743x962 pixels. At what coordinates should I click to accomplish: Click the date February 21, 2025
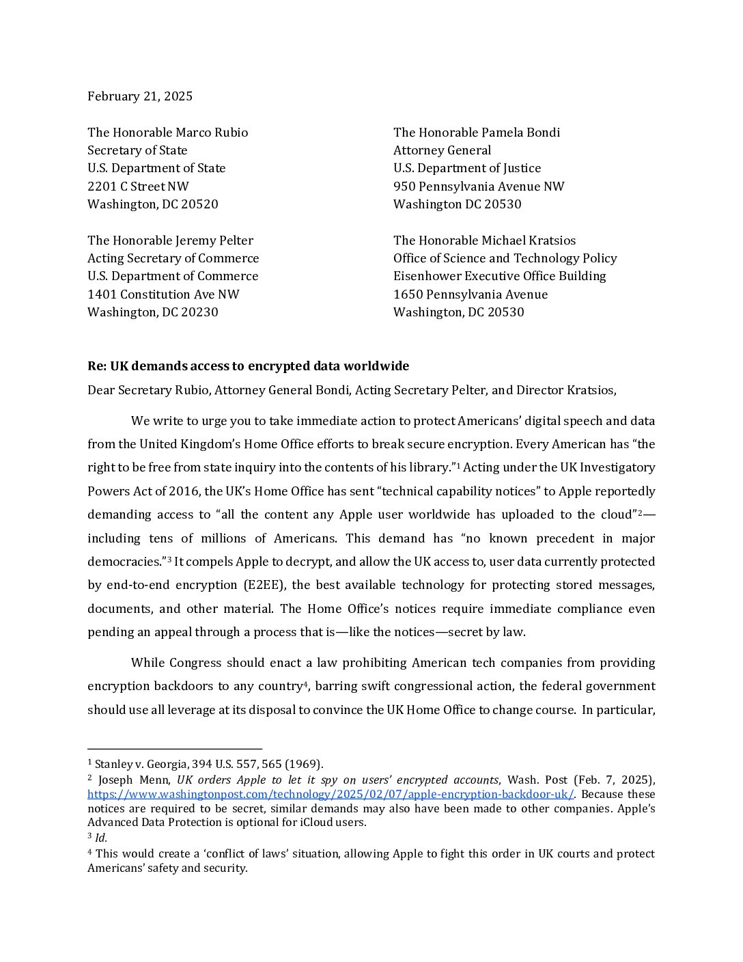pos(140,96)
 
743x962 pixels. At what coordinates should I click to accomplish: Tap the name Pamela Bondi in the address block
pos(521,133)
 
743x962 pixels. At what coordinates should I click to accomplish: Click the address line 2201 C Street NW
pos(138,187)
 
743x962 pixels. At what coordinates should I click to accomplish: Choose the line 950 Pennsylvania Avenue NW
pos(479,187)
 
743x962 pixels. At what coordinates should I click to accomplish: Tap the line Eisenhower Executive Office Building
pos(499,276)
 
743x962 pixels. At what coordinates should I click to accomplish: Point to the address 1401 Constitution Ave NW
pos(163,294)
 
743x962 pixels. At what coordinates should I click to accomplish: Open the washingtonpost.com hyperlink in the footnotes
pos(331,794)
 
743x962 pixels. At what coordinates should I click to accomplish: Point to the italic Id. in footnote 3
pos(101,838)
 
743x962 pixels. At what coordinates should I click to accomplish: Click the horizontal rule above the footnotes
pos(175,749)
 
